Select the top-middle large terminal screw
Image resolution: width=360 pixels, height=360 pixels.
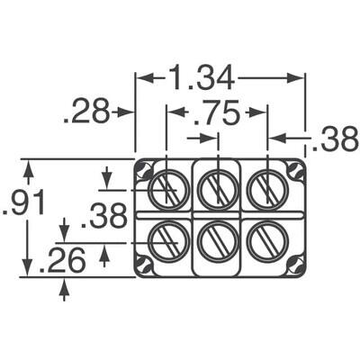[x=217, y=190]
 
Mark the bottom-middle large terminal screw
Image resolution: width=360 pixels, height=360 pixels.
[x=217, y=242]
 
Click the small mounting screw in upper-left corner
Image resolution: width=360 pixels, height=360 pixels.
[x=143, y=171]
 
